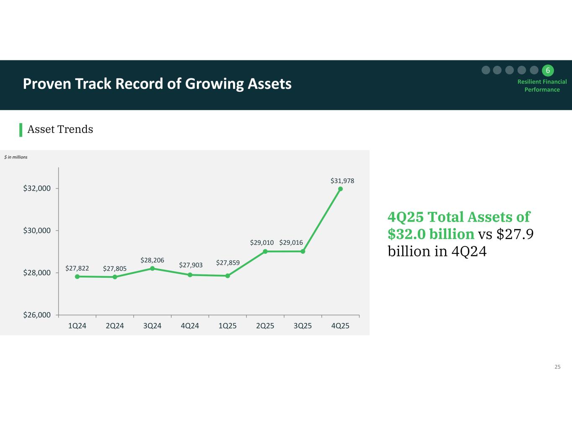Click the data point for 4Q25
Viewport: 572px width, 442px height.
tap(340, 189)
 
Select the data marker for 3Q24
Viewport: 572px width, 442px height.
tap(153, 269)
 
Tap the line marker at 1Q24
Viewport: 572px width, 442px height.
tap(77, 277)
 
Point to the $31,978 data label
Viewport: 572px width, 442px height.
tap(342, 181)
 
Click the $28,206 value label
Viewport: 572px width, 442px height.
tap(152, 260)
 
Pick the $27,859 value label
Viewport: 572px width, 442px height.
tap(228, 263)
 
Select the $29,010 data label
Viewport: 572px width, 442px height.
tap(262, 243)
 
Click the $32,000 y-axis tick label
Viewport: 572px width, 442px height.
tap(37, 189)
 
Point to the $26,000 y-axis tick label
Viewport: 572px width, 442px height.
tap(37, 315)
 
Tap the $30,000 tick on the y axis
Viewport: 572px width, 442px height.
tap(37, 230)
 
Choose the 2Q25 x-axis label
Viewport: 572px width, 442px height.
tap(265, 326)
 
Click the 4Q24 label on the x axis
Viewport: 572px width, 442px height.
tap(190, 326)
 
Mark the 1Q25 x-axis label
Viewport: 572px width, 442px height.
tap(228, 326)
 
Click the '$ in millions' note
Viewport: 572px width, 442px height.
tap(16, 157)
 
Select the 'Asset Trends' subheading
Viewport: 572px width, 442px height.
tap(60, 129)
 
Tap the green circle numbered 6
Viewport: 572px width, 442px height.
tap(548, 70)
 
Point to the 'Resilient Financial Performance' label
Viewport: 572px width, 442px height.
tap(542, 85)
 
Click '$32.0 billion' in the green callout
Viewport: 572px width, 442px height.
tap(431, 234)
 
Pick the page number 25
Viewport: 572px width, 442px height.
tap(557, 367)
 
